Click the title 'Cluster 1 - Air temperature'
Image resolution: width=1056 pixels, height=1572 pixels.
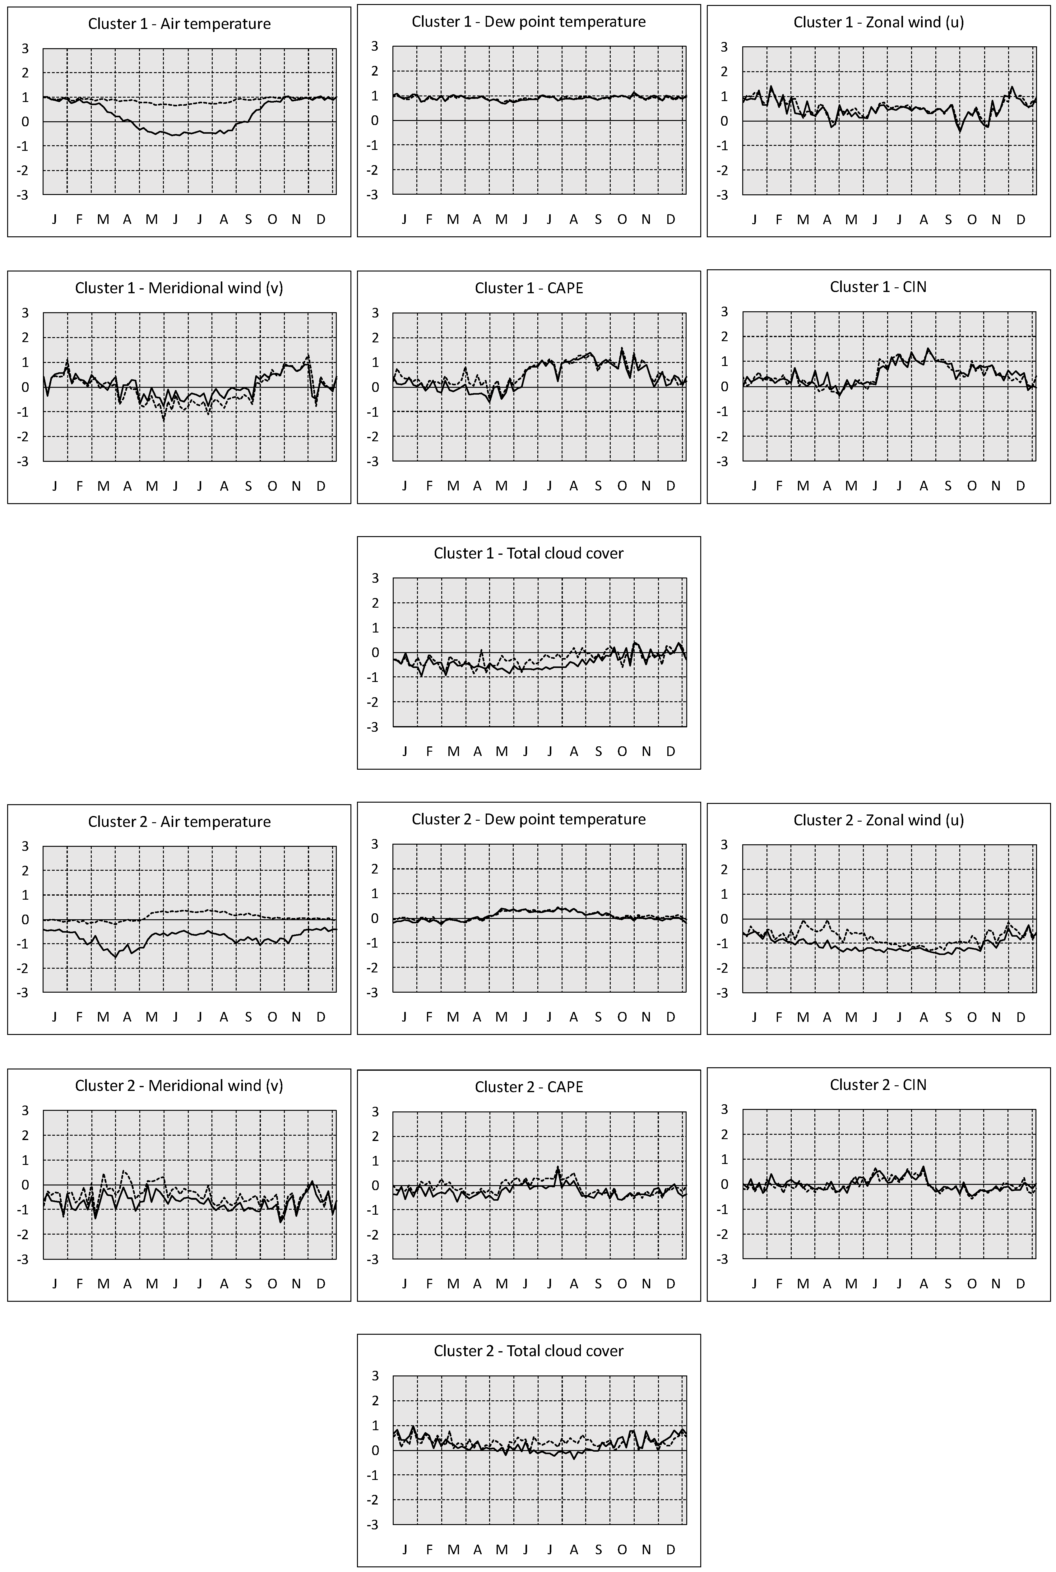click(x=179, y=24)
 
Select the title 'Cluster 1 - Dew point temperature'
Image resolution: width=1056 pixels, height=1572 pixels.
click(x=529, y=21)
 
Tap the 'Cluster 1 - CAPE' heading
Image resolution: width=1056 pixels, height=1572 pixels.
click(x=529, y=288)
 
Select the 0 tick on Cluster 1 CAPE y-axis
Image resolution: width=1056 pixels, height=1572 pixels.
click(x=375, y=387)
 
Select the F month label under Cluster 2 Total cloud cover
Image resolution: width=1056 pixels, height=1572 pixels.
click(x=429, y=1549)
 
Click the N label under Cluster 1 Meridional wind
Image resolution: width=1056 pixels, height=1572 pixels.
click(x=296, y=486)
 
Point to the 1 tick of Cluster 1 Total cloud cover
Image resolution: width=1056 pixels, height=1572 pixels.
click(x=375, y=628)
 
